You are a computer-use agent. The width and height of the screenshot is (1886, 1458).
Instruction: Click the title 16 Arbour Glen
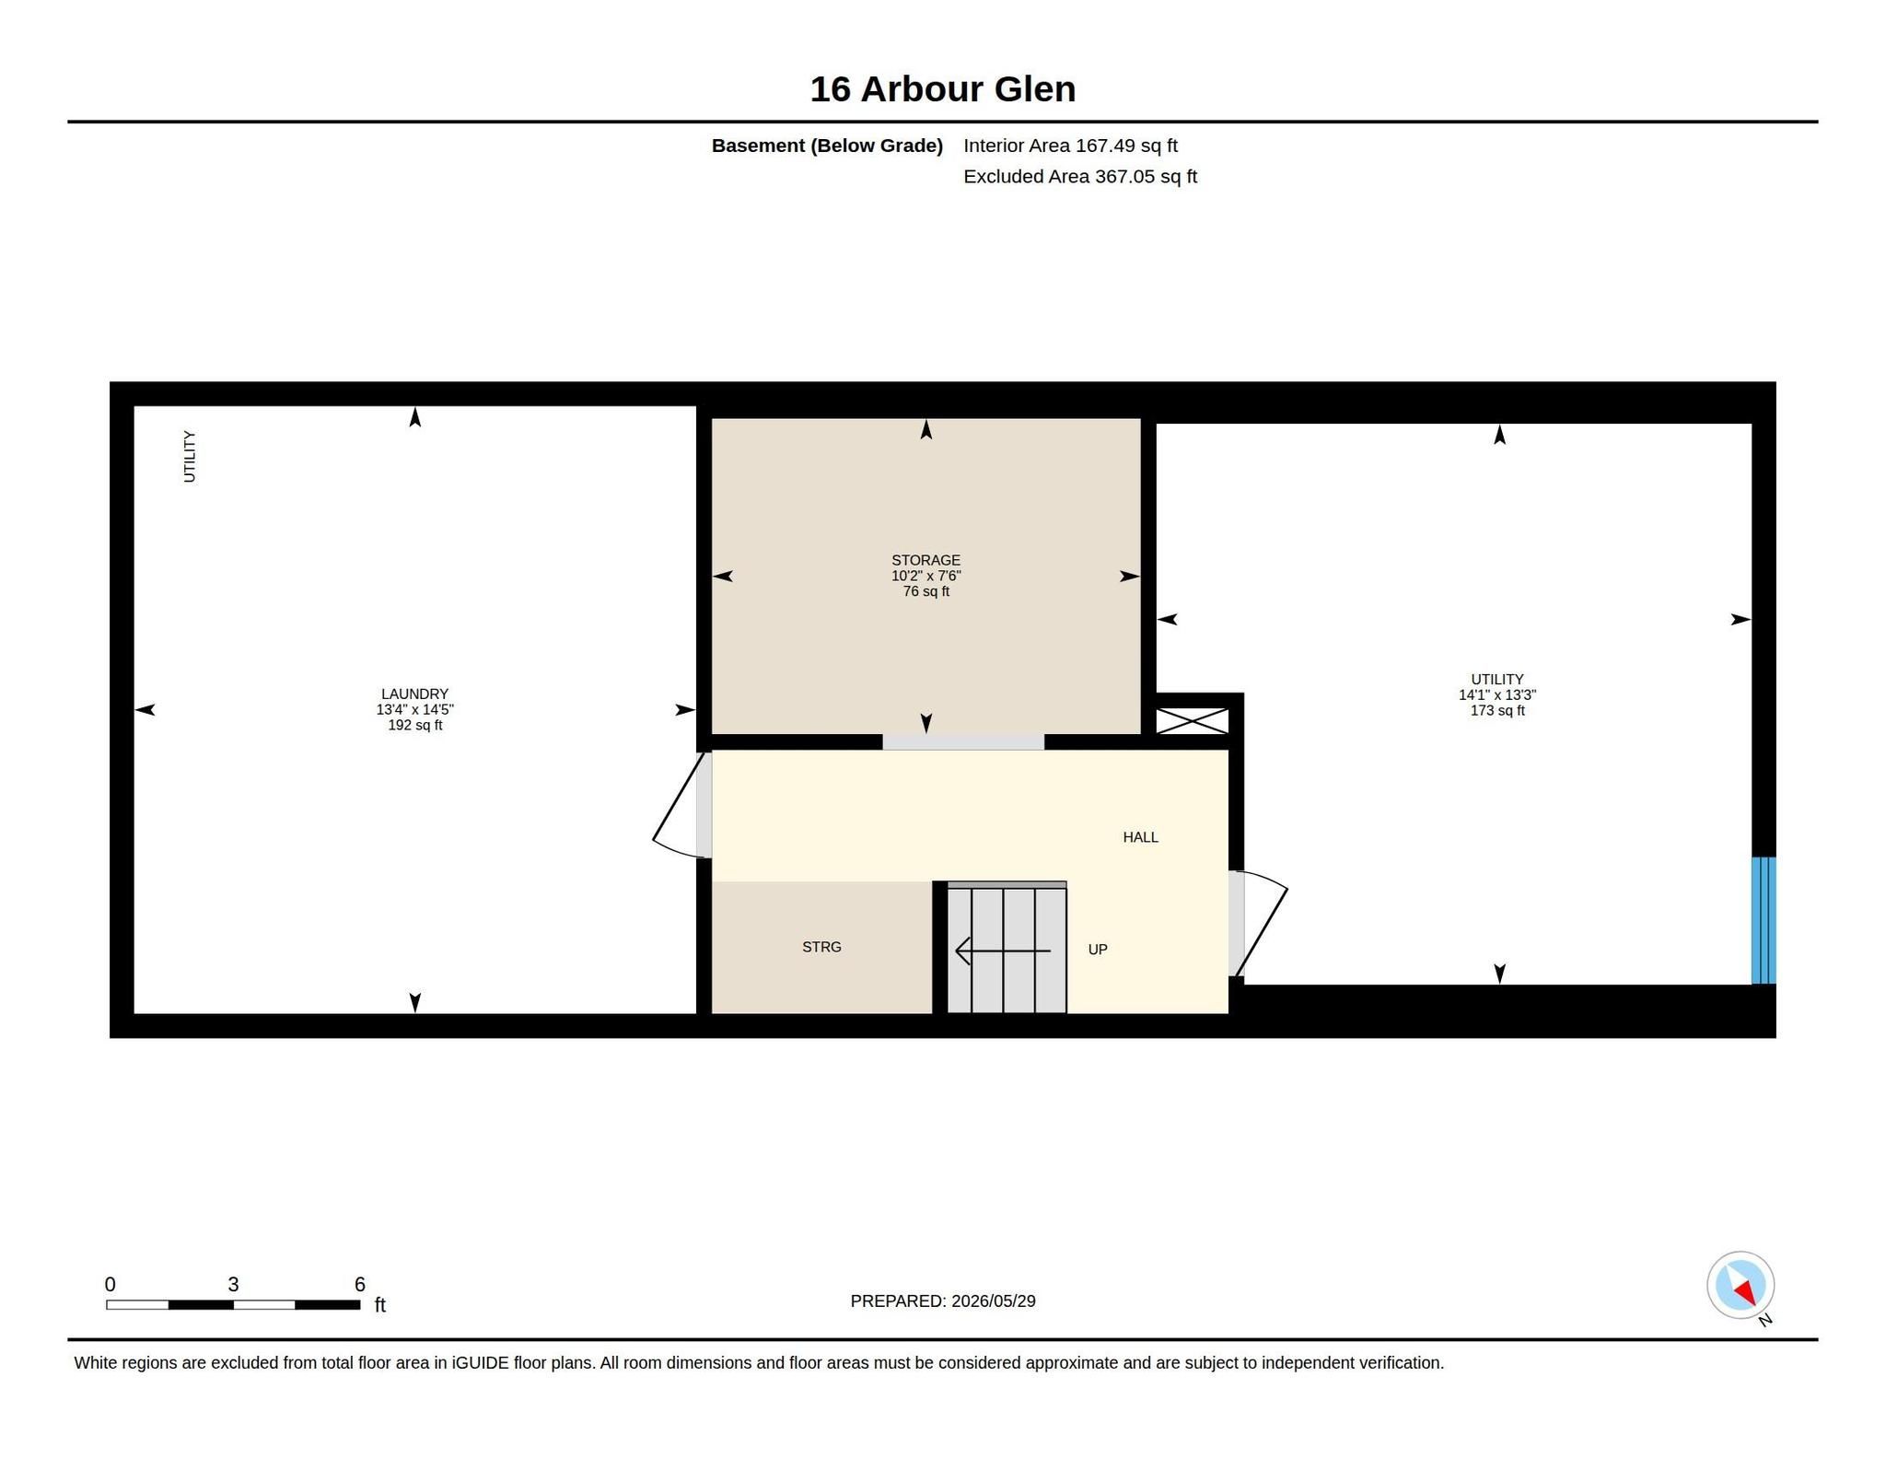tap(942, 89)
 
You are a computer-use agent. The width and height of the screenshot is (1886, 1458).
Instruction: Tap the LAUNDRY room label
tap(414, 694)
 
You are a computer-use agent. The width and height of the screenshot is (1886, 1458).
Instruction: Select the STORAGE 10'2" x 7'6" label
tap(926, 567)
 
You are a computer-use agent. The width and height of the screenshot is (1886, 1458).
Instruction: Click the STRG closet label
tap(821, 947)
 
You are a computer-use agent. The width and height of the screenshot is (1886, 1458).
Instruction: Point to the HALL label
tap(1140, 837)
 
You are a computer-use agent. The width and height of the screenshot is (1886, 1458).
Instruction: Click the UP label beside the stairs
tap(1098, 950)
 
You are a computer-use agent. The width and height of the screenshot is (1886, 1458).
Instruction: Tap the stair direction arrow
tap(1003, 951)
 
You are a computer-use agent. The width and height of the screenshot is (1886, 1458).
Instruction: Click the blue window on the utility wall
tap(1763, 920)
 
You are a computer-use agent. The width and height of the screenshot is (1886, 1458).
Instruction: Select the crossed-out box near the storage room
tap(1192, 721)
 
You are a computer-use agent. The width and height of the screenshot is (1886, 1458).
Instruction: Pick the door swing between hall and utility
tap(1259, 923)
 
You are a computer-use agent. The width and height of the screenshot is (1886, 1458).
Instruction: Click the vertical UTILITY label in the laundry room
tap(189, 456)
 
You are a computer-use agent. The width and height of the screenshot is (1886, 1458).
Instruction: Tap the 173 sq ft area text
tap(1497, 711)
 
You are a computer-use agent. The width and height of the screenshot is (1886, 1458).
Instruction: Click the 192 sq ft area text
tap(414, 726)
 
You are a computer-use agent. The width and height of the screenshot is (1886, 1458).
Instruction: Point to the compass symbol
tap(1740, 1286)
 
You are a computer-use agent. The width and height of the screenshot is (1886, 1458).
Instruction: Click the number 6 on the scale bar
tap(360, 1284)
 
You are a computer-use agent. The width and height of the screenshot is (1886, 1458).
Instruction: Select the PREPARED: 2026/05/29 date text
tap(943, 1301)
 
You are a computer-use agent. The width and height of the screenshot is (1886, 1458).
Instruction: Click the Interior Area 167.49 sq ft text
tap(1071, 146)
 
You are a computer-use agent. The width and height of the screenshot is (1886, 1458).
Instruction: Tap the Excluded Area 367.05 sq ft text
tap(1080, 177)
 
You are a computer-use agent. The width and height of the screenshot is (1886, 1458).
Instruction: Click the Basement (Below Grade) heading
tap(827, 146)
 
